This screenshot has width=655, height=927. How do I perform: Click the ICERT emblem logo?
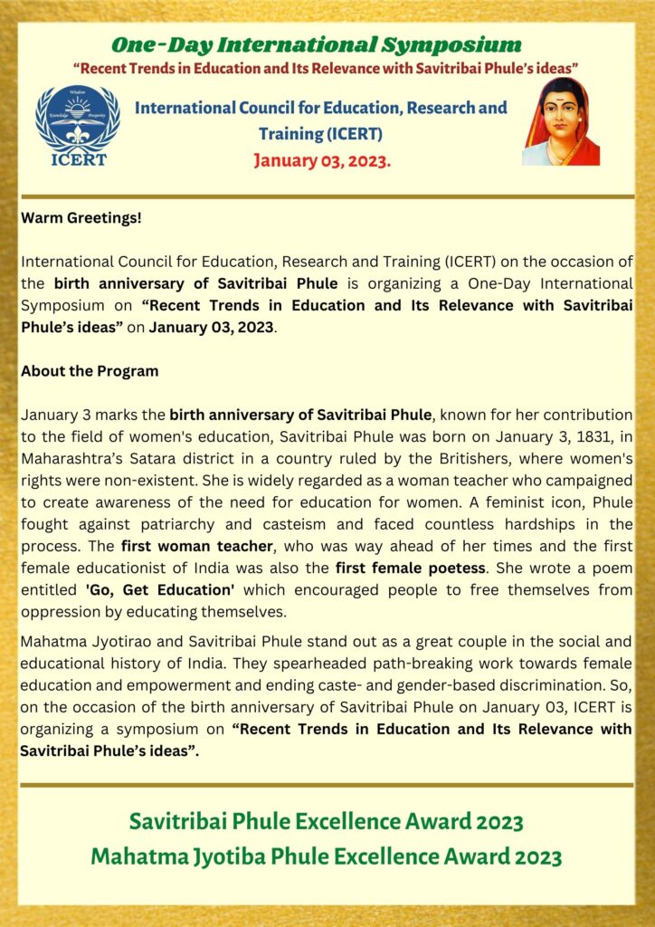tap(77, 126)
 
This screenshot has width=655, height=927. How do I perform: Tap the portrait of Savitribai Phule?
tap(561, 121)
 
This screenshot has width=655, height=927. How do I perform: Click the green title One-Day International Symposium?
tap(316, 44)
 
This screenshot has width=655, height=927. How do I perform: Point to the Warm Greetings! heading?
tap(81, 218)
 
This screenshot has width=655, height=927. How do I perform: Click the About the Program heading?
tap(90, 371)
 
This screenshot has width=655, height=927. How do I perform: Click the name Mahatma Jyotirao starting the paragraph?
tap(81, 642)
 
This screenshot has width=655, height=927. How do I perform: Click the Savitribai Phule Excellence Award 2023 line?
tap(327, 822)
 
